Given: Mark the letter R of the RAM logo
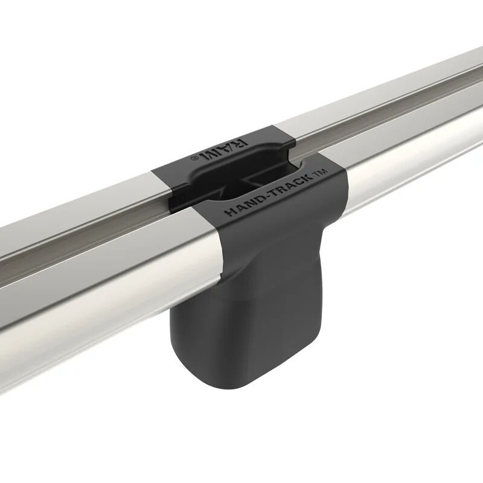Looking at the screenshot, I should coord(241,142).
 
